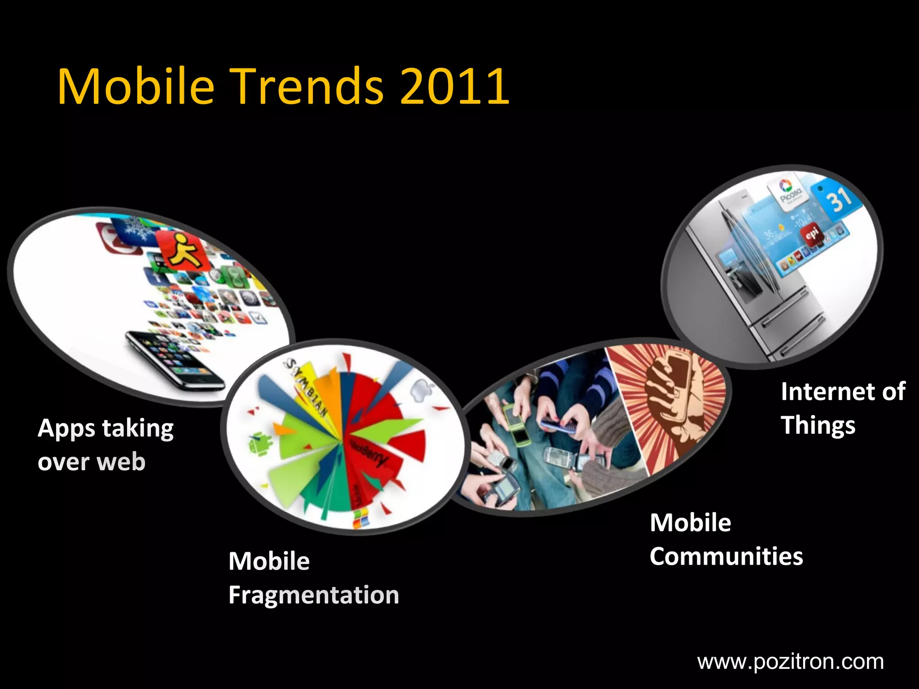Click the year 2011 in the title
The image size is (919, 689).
point(454,86)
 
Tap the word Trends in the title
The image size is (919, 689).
point(307,86)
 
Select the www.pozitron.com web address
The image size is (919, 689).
point(790,662)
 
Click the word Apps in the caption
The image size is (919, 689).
point(66,429)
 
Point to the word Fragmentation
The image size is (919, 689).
point(314,595)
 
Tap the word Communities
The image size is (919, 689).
point(726,557)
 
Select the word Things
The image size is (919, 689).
point(818,426)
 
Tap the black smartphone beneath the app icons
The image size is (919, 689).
point(175,359)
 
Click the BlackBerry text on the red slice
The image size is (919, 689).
point(368,453)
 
